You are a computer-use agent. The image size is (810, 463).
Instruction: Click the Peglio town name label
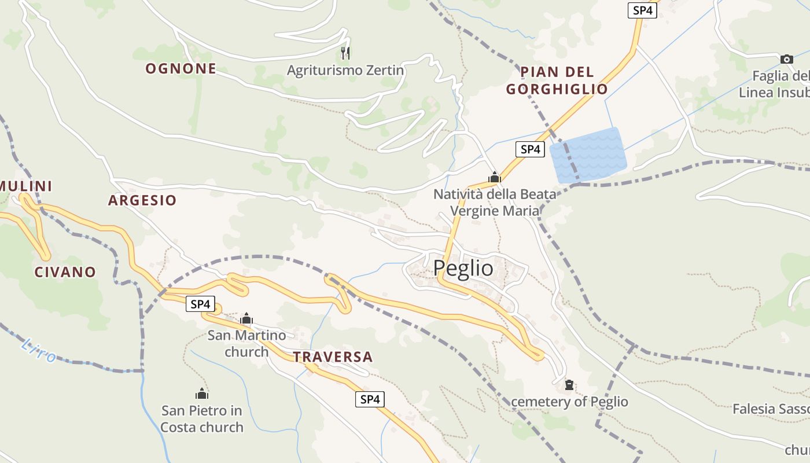(463, 268)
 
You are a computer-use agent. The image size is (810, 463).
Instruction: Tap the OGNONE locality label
(181, 69)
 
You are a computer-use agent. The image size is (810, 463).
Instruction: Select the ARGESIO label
(142, 201)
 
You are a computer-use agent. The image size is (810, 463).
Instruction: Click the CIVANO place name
(65, 272)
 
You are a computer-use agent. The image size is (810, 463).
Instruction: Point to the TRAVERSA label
(333, 357)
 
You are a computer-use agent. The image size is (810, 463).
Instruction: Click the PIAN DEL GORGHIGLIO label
(557, 80)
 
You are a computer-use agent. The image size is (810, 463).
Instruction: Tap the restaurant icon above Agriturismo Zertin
(345, 53)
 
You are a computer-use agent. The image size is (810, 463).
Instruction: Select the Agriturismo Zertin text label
(345, 71)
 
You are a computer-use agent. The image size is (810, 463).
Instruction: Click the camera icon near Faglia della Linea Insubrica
(786, 59)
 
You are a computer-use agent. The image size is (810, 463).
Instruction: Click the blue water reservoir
(588, 155)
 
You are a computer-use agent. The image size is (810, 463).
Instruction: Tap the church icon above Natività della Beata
(494, 177)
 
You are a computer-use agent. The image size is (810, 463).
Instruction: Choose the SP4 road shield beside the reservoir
(530, 149)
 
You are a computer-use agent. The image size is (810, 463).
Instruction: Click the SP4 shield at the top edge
(642, 10)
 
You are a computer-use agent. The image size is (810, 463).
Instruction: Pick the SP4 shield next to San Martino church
(200, 304)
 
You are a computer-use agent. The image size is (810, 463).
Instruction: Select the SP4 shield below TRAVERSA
(369, 399)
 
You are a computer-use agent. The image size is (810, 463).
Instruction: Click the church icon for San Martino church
(246, 318)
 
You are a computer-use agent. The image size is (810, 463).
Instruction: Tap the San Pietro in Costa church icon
(201, 394)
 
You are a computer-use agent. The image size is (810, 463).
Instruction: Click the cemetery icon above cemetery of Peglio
(569, 384)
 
